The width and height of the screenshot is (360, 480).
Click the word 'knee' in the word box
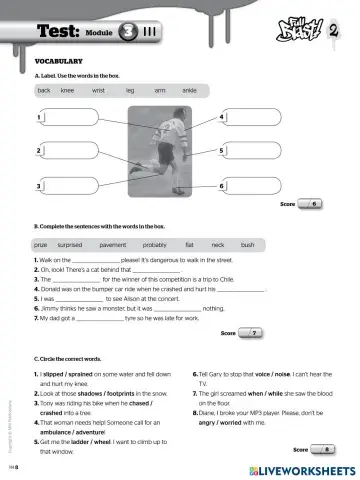tap(68, 90)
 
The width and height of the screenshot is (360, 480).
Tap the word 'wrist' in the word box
tap(98, 90)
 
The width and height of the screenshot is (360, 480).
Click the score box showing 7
tap(253, 332)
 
